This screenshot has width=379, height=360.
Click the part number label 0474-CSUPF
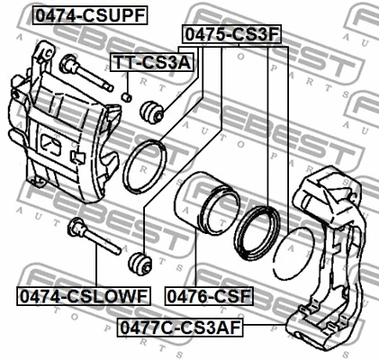(x=90, y=15)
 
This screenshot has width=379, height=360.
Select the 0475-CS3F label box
(x=231, y=34)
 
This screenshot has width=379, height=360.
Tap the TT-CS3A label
(x=151, y=62)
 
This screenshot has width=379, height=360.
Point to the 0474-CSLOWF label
(x=84, y=296)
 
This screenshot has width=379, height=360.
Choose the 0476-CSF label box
(x=209, y=296)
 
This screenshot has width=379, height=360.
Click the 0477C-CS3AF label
(x=180, y=328)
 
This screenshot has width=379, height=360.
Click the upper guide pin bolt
(x=86, y=73)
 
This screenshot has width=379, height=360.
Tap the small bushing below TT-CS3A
(x=127, y=96)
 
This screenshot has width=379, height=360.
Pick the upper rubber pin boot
(x=151, y=112)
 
